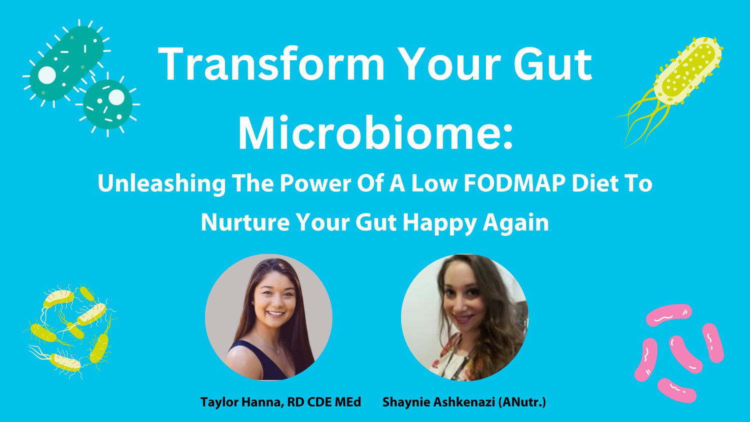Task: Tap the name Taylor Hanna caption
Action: coord(241,402)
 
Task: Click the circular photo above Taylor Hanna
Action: coord(268,317)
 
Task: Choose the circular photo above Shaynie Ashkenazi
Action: coord(464,317)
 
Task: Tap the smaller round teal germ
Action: coord(108,103)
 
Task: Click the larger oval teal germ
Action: coord(66,62)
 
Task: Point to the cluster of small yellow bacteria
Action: coord(70,330)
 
